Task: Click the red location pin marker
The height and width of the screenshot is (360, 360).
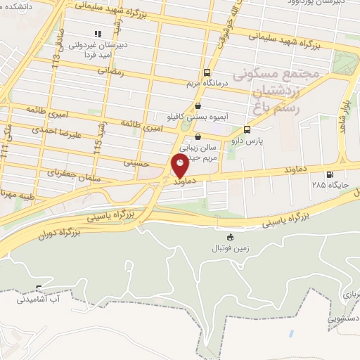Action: click(180, 167)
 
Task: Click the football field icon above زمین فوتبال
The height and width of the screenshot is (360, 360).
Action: click(230, 238)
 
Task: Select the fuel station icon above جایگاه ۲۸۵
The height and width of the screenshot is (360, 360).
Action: click(328, 175)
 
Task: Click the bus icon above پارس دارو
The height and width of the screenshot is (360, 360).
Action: click(246, 129)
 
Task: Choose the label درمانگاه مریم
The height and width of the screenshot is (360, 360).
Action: click(207, 82)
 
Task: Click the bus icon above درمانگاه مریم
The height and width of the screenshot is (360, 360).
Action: click(207, 72)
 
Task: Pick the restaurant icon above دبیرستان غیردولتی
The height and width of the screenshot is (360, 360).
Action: click(98, 33)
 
